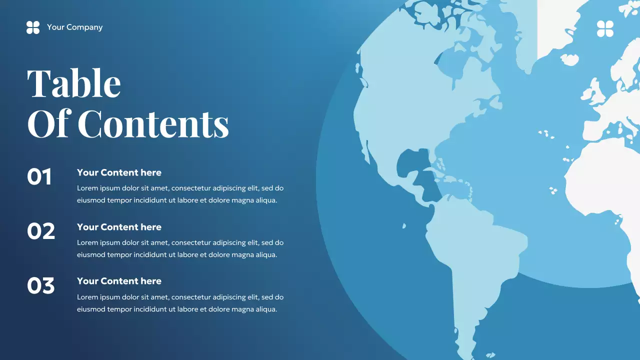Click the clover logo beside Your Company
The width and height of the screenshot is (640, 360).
click(x=33, y=27)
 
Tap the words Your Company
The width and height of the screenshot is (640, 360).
click(x=74, y=27)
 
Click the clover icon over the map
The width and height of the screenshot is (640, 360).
click(x=605, y=29)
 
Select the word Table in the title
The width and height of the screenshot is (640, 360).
click(x=74, y=83)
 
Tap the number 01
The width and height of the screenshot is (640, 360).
click(x=39, y=177)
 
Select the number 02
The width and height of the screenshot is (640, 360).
click(x=41, y=231)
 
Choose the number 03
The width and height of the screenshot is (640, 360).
click(x=41, y=285)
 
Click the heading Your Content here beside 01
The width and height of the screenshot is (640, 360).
click(x=119, y=172)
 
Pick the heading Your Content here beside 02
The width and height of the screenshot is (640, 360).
click(x=119, y=227)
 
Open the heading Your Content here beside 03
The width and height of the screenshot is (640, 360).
click(x=119, y=281)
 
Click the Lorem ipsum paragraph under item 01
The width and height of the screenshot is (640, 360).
click(x=180, y=194)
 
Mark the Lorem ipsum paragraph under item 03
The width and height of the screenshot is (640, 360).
click(x=180, y=303)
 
